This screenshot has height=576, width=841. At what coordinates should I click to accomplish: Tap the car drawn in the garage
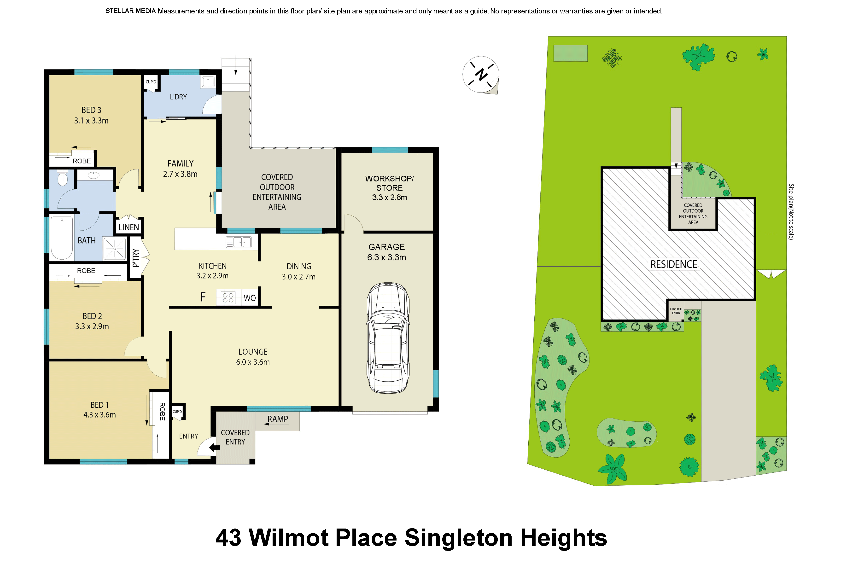click(388, 338)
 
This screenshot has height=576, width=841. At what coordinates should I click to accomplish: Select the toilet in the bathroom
click(63, 178)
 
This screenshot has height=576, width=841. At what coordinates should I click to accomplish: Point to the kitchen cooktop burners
click(228, 298)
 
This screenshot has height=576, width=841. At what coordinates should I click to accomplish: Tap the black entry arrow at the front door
click(215, 448)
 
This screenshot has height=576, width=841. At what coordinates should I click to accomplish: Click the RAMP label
click(278, 419)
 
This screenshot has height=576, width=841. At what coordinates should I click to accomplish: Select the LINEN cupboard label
click(128, 227)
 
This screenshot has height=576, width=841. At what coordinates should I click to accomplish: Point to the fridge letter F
click(203, 297)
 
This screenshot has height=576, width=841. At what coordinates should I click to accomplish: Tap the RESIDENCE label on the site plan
click(674, 264)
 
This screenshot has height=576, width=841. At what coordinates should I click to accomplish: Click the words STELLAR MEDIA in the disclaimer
click(130, 11)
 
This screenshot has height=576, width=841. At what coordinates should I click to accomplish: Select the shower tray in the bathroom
click(115, 249)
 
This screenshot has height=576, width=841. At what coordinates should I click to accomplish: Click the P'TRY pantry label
click(136, 258)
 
